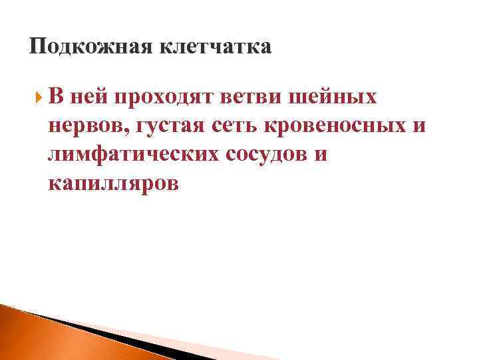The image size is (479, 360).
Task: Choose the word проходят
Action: point(156,98)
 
